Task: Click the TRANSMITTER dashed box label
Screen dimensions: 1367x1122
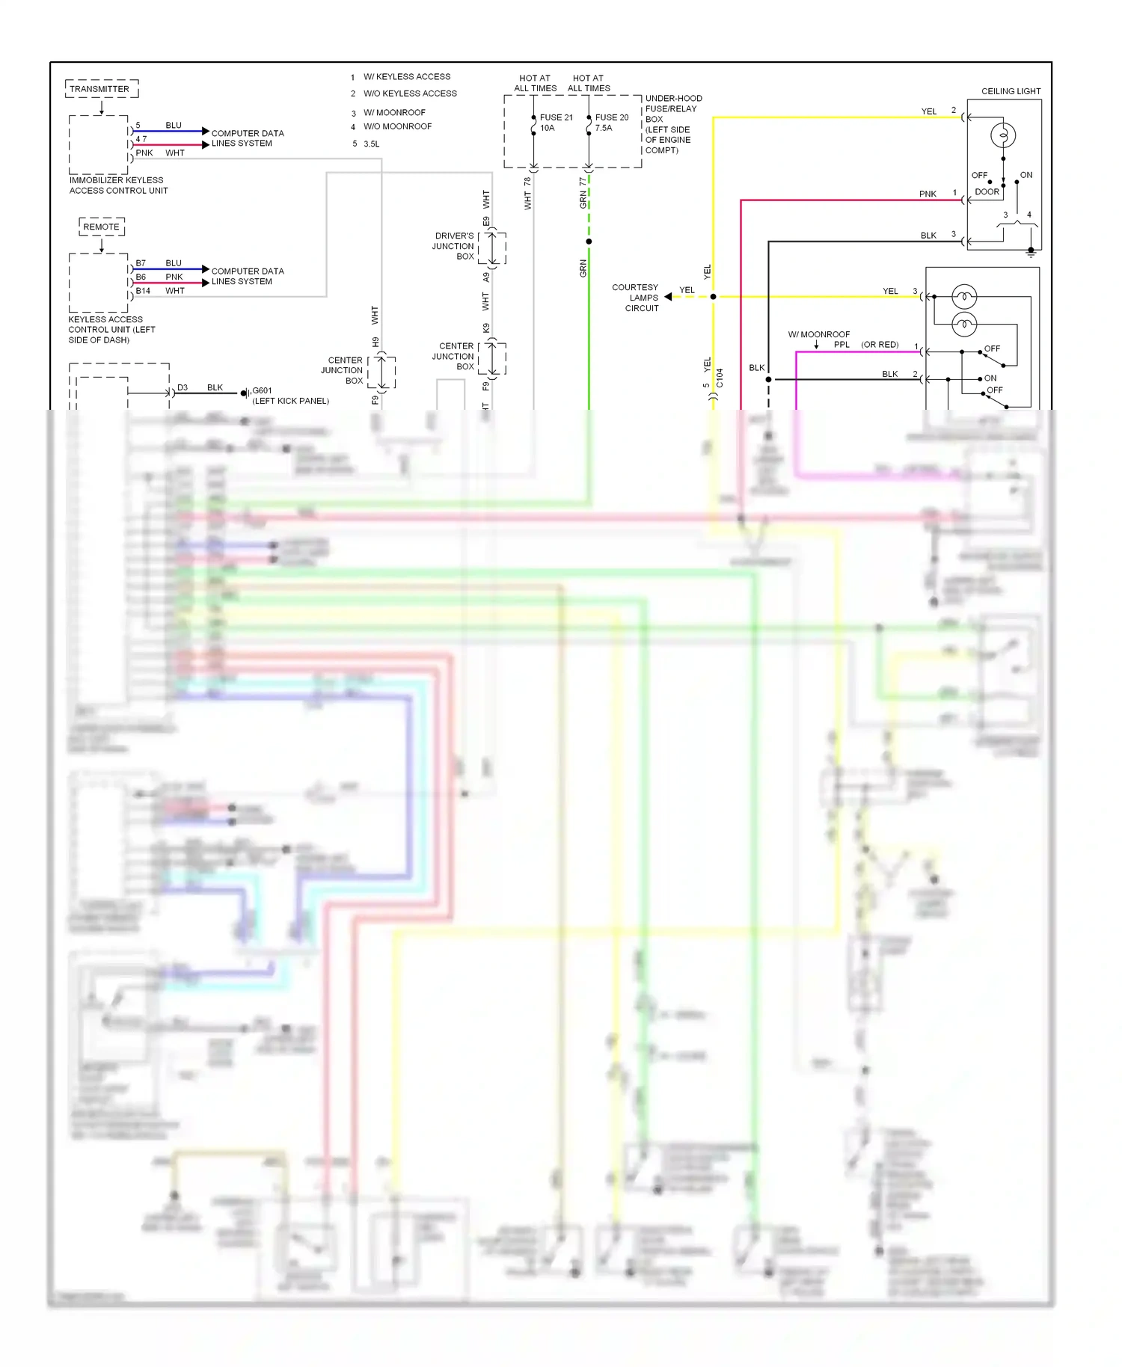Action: [99, 89]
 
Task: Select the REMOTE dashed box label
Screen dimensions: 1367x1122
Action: [102, 227]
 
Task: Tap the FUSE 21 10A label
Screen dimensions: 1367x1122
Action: [556, 123]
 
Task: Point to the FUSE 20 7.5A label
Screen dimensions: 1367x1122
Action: [611, 123]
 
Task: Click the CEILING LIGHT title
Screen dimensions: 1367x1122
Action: [1011, 91]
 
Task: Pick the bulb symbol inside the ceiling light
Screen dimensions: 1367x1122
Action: [1003, 135]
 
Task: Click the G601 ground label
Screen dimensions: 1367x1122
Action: [262, 390]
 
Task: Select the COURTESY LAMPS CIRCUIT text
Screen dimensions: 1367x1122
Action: [635, 298]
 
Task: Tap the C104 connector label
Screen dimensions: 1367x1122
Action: [720, 378]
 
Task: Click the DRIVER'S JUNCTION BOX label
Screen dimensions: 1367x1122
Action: [453, 246]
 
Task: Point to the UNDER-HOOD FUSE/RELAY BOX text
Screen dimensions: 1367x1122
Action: [672, 124]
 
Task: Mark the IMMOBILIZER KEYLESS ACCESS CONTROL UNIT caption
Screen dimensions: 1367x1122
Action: [117, 185]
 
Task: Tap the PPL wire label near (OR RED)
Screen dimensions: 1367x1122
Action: [841, 345]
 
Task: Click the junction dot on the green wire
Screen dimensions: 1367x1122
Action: [589, 242]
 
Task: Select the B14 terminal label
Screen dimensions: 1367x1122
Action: [143, 291]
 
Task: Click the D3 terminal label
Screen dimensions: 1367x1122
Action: [183, 387]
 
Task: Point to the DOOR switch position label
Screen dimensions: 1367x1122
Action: [987, 191]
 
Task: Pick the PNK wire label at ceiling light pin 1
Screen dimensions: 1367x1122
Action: [928, 194]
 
